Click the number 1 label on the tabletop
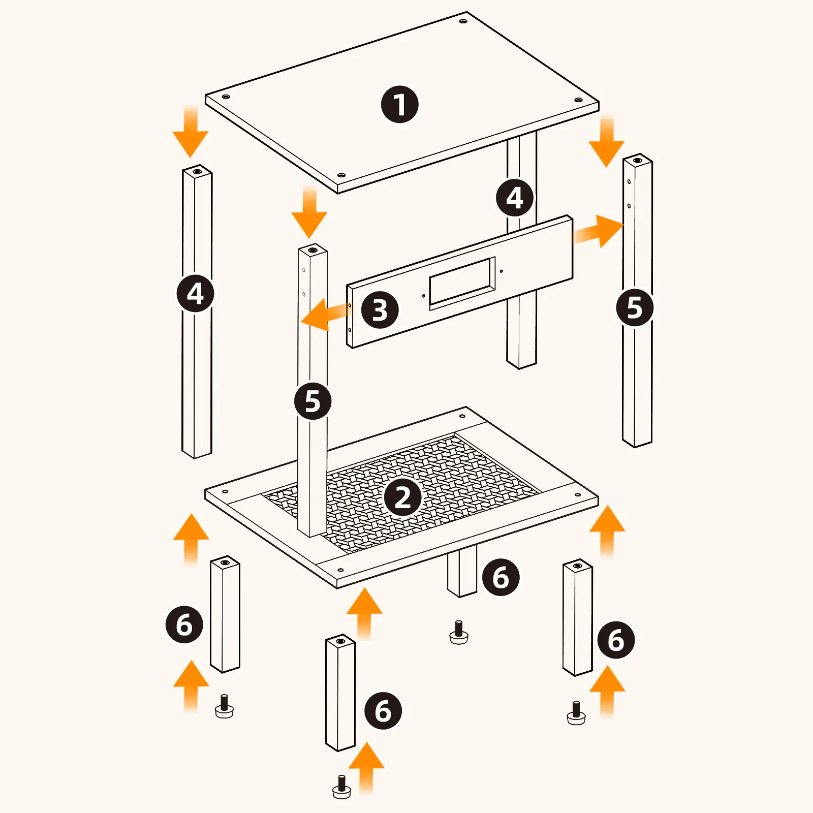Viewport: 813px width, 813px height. pos(400,104)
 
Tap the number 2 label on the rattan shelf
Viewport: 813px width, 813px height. pos(403,497)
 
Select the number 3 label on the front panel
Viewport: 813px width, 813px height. pos(380,309)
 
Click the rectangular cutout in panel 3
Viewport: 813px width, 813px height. pos(462,284)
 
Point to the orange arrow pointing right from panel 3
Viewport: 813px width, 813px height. pos(599,231)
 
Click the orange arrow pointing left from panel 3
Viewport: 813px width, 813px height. pos(325,315)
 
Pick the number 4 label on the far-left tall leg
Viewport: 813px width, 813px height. pos(196,294)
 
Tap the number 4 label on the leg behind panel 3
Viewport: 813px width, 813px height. pos(515,198)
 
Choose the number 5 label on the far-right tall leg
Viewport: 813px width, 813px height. pos(635,307)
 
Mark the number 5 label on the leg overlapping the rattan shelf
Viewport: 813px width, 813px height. pos(312,401)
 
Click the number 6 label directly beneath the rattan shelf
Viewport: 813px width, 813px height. pos(501,577)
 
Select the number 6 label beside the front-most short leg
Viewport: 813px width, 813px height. pos(383,710)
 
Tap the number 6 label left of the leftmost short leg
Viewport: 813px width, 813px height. pos(184,624)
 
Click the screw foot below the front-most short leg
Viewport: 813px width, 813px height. pos(341,787)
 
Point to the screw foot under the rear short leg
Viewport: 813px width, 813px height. pos(459,633)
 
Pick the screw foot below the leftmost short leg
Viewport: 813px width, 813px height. pos(224,706)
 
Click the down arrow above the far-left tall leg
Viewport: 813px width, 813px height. pos(191,131)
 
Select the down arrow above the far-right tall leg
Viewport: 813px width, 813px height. pos(607,141)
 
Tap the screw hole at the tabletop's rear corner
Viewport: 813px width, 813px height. pos(463,21)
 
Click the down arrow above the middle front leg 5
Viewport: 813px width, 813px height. pos(309,212)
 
